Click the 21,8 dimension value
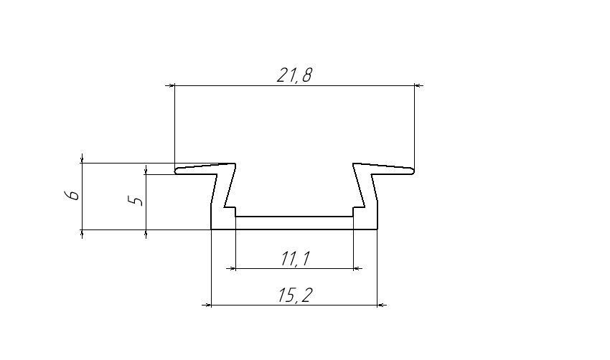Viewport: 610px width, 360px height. click(x=294, y=75)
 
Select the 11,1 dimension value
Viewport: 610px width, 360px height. click(x=295, y=259)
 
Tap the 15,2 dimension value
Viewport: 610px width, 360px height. click(x=295, y=295)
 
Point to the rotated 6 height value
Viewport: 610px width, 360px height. click(x=72, y=195)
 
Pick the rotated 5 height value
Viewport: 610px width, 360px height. click(x=136, y=201)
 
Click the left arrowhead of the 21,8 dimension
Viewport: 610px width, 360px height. click(x=170, y=85)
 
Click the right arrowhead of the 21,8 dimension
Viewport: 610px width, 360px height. click(x=419, y=85)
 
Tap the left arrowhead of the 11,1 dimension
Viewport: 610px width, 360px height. click(x=232, y=268)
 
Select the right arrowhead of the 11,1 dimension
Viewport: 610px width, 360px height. click(x=357, y=268)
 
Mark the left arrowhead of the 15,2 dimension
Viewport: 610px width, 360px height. click(x=207, y=305)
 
